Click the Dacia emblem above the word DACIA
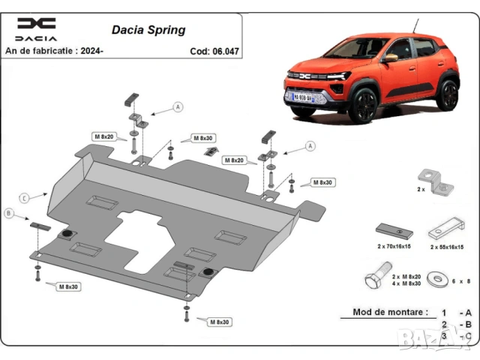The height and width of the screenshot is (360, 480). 36,23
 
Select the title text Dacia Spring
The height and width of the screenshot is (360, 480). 148,31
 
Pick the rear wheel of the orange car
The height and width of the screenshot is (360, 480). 448,94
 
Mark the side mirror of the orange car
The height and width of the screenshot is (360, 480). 390,57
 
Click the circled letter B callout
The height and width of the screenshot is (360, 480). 10,214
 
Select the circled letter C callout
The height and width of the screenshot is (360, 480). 25,198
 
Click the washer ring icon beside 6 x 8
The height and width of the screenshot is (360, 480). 434,279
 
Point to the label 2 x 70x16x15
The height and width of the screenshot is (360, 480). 394,246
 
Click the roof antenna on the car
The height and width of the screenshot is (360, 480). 412,24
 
